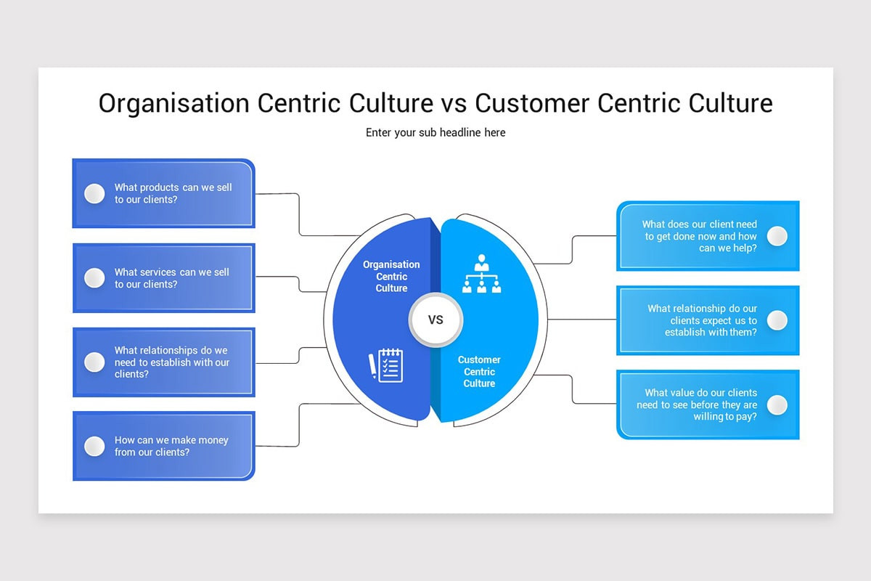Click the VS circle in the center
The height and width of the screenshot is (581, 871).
[435, 320]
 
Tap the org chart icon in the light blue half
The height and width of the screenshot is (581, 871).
[481, 274]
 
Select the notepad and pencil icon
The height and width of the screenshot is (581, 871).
[386, 365]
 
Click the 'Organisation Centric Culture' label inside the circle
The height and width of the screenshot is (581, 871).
[391, 276]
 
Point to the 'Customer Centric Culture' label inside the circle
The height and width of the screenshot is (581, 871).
[479, 371]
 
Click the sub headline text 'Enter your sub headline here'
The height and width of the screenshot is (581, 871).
[435, 132]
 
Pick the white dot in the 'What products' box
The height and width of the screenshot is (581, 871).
[94, 193]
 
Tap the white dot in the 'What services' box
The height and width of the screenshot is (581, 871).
[94, 277]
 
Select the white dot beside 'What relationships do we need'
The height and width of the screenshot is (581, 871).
[94, 362]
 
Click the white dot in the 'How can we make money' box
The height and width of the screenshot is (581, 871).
[94, 446]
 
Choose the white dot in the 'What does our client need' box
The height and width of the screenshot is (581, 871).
[777, 236]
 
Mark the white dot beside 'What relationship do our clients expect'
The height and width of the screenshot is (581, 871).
[777, 320]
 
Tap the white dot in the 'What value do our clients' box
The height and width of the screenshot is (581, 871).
[777, 405]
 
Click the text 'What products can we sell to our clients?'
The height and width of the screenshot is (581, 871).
[173, 193]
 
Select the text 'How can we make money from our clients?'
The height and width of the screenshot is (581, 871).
[171, 446]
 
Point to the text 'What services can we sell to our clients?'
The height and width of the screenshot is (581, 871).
[171, 277]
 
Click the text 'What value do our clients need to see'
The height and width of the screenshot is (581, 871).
[697, 405]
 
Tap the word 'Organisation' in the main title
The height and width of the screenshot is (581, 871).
[173, 104]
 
